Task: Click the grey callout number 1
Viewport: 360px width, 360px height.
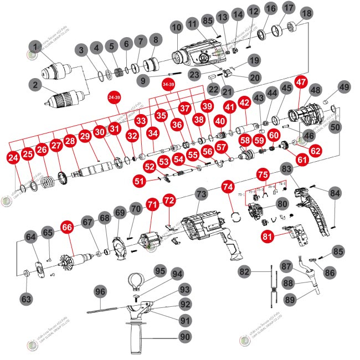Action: [37, 47]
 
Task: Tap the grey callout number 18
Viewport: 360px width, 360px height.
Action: [306, 12]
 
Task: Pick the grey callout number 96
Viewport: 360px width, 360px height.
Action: [100, 291]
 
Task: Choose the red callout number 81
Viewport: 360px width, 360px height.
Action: [268, 236]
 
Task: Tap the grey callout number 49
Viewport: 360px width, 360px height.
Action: [344, 87]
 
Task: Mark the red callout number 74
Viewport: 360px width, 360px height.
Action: [227, 187]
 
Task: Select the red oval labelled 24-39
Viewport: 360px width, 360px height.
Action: [115, 97]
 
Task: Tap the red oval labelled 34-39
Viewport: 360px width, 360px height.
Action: [168, 83]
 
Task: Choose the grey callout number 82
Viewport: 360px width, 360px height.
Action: [245, 271]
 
